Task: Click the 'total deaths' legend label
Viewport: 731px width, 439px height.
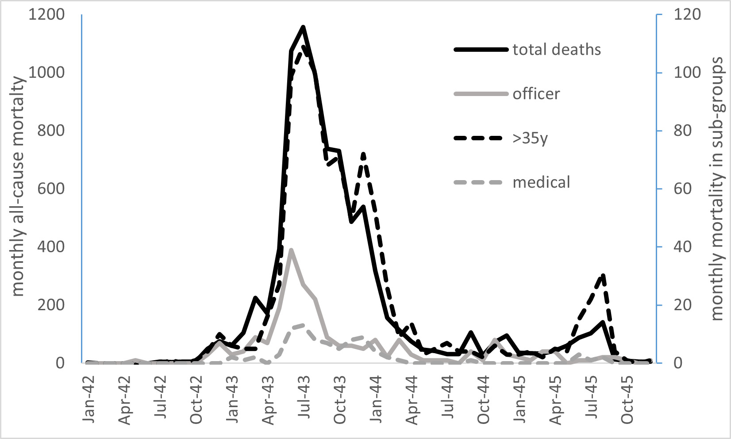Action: tap(557, 50)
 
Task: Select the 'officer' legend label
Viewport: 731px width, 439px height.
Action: tap(536, 94)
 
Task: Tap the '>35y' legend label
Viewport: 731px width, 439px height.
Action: tap(530, 139)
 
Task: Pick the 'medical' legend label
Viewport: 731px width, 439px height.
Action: tap(541, 182)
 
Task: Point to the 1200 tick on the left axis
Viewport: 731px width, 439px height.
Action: tap(46, 15)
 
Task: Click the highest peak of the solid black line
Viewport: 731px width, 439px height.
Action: tap(303, 27)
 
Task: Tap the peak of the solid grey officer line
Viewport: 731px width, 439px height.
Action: tap(291, 250)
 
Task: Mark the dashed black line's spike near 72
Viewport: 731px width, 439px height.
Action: tap(363, 154)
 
